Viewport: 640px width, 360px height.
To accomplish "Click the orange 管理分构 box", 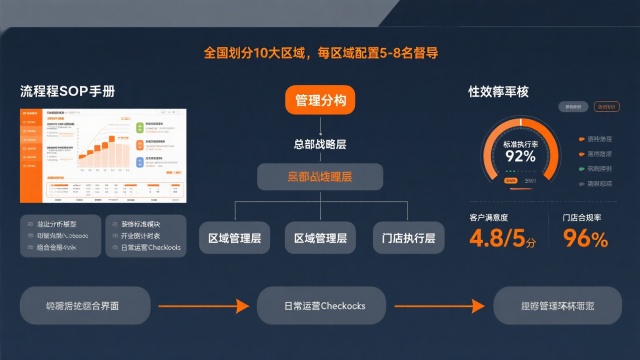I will point(320,101).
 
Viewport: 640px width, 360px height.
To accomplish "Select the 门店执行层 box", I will point(408,238).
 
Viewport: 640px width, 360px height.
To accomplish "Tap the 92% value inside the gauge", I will point(520,156).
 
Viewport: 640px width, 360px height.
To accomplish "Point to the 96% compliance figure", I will point(585,238).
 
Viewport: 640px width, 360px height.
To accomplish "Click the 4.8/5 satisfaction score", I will point(504,238).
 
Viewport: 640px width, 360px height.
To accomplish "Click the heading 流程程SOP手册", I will point(67,91).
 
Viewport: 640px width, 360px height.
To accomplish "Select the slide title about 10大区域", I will point(320,52).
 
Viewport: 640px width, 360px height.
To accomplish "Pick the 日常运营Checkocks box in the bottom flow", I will point(320,305).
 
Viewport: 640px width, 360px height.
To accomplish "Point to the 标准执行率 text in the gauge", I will point(520,142).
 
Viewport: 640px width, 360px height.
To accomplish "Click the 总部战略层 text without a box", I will point(320,144).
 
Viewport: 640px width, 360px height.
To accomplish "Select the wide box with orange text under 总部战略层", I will point(320,178).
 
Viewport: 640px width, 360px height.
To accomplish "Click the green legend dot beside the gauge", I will point(580,169).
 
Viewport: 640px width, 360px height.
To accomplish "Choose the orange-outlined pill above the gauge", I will point(606,106).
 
